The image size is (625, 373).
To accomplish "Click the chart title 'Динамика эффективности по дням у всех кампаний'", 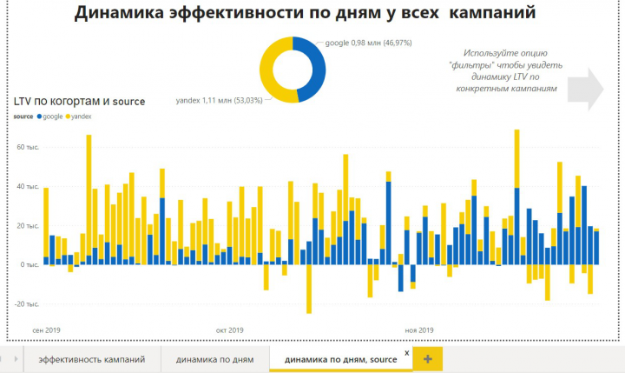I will pyautogui.click(x=304, y=13).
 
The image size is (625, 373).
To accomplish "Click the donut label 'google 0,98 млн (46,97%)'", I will pyautogui.click(x=374, y=42).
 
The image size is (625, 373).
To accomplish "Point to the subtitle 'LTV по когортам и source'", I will pyautogui.click(x=79, y=102).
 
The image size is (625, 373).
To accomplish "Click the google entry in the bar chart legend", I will pyautogui.click(x=49, y=117).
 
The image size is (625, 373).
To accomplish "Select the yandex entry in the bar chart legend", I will pyautogui.click(x=79, y=117).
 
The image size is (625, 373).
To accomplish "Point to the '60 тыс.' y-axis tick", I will pyautogui.click(x=27, y=147).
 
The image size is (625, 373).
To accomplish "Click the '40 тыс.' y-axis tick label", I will pyautogui.click(x=27, y=186).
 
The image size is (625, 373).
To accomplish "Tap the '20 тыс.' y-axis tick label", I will pyautogui.click(x=27, y=225).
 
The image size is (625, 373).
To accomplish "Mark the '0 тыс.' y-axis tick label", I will pyautogui.click(x=29, y=264).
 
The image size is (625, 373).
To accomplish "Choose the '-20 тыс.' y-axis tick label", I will pyautogui.click(x=26, y=303).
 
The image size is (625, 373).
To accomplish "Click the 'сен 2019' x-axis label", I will pyautogui.click(x=45, y=330).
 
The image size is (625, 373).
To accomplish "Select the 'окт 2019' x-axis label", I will pyautogui.click(x=229, y=330).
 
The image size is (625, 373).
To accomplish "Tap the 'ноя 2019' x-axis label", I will pyautogui.click(x=419, y=330).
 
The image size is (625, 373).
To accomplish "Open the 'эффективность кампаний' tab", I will pyautogui.click(x=92, y=358).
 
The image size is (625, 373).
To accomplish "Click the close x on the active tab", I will pyautogui.click(x=406, y=353).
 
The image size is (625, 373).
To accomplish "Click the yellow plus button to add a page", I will pyautogui.click(x=428, y=358).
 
